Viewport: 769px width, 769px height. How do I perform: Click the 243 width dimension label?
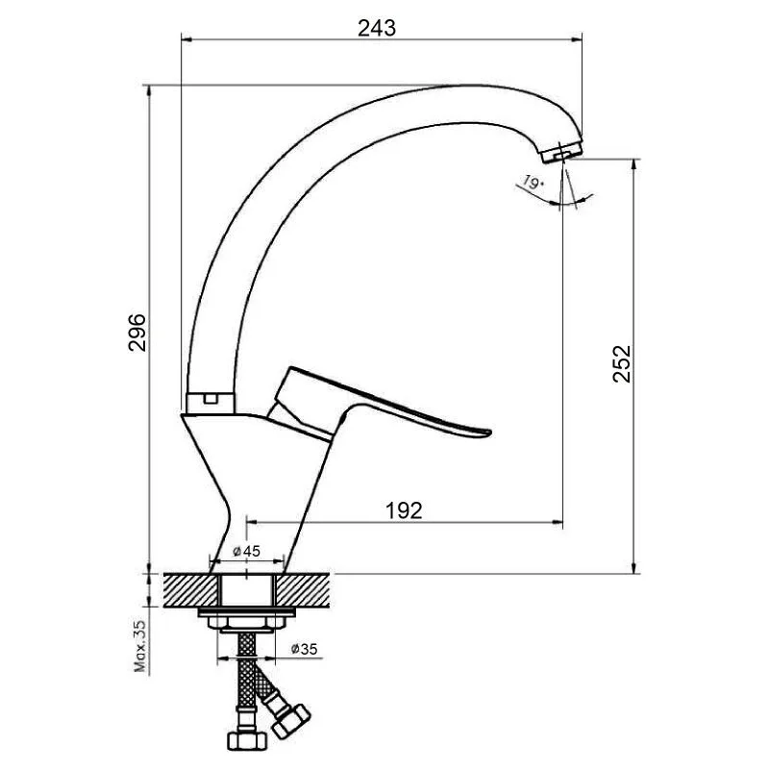click(376, 28)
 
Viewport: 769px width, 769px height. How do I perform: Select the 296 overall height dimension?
click(137, 332)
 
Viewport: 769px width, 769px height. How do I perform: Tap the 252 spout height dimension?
click(622, 364)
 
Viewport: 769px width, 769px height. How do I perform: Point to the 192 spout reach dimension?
click(404, 510)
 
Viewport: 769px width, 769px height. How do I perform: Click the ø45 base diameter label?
click(246, 551)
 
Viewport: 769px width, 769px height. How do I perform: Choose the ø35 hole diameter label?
click(304, 649)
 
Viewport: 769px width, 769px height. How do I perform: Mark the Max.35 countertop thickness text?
click(140, 646)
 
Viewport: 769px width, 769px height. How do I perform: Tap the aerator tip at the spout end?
click(562, 152)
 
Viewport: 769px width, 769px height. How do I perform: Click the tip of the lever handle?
click(488, 432)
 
